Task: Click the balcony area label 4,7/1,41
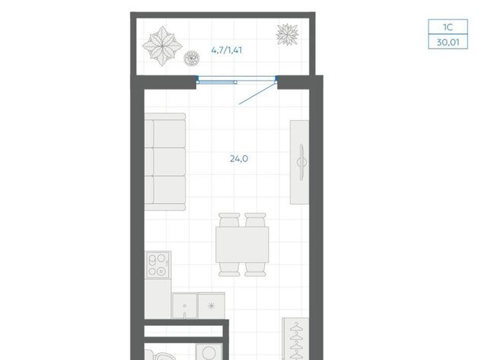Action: tap(227, 50)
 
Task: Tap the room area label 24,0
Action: tap(239, 159)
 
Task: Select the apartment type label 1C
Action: tap(447, 27)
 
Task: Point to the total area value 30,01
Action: tap(447, 42)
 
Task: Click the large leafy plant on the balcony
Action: tap(162, 46)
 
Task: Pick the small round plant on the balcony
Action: tap(191, 58)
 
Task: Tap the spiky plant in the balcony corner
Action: tap(288, 34)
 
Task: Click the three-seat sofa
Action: tap(165, 161)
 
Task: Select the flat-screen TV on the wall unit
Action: tap(301, 162)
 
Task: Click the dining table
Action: tap(242, 244)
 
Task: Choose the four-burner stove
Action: tap(158, 265)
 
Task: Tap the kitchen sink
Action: tap(184, 306)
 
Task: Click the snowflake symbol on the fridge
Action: tap(212, 306)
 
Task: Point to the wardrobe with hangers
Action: tap(295, 339)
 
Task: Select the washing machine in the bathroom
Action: tap(208, 352)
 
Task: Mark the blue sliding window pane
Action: tap(216, 82)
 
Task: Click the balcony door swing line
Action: tap(257, 93)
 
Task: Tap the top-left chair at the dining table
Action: tap(229, 220)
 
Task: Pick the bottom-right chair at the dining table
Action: tap(255, 269)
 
